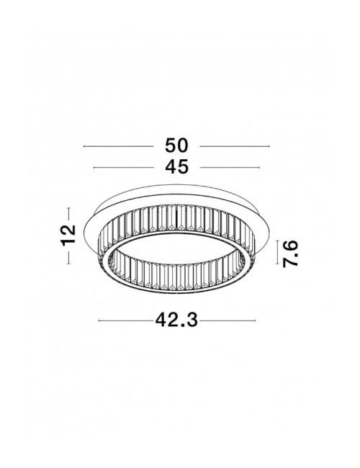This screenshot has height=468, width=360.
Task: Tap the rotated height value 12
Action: click(x=68, y=235)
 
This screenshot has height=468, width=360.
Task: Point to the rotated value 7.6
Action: click(x=289, y=254)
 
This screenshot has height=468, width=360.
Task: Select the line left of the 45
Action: click(x=126, y=168)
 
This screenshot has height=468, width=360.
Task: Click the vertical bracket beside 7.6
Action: click(x=277, y=254)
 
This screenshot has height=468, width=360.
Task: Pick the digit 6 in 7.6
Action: click(x=289, y=245)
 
